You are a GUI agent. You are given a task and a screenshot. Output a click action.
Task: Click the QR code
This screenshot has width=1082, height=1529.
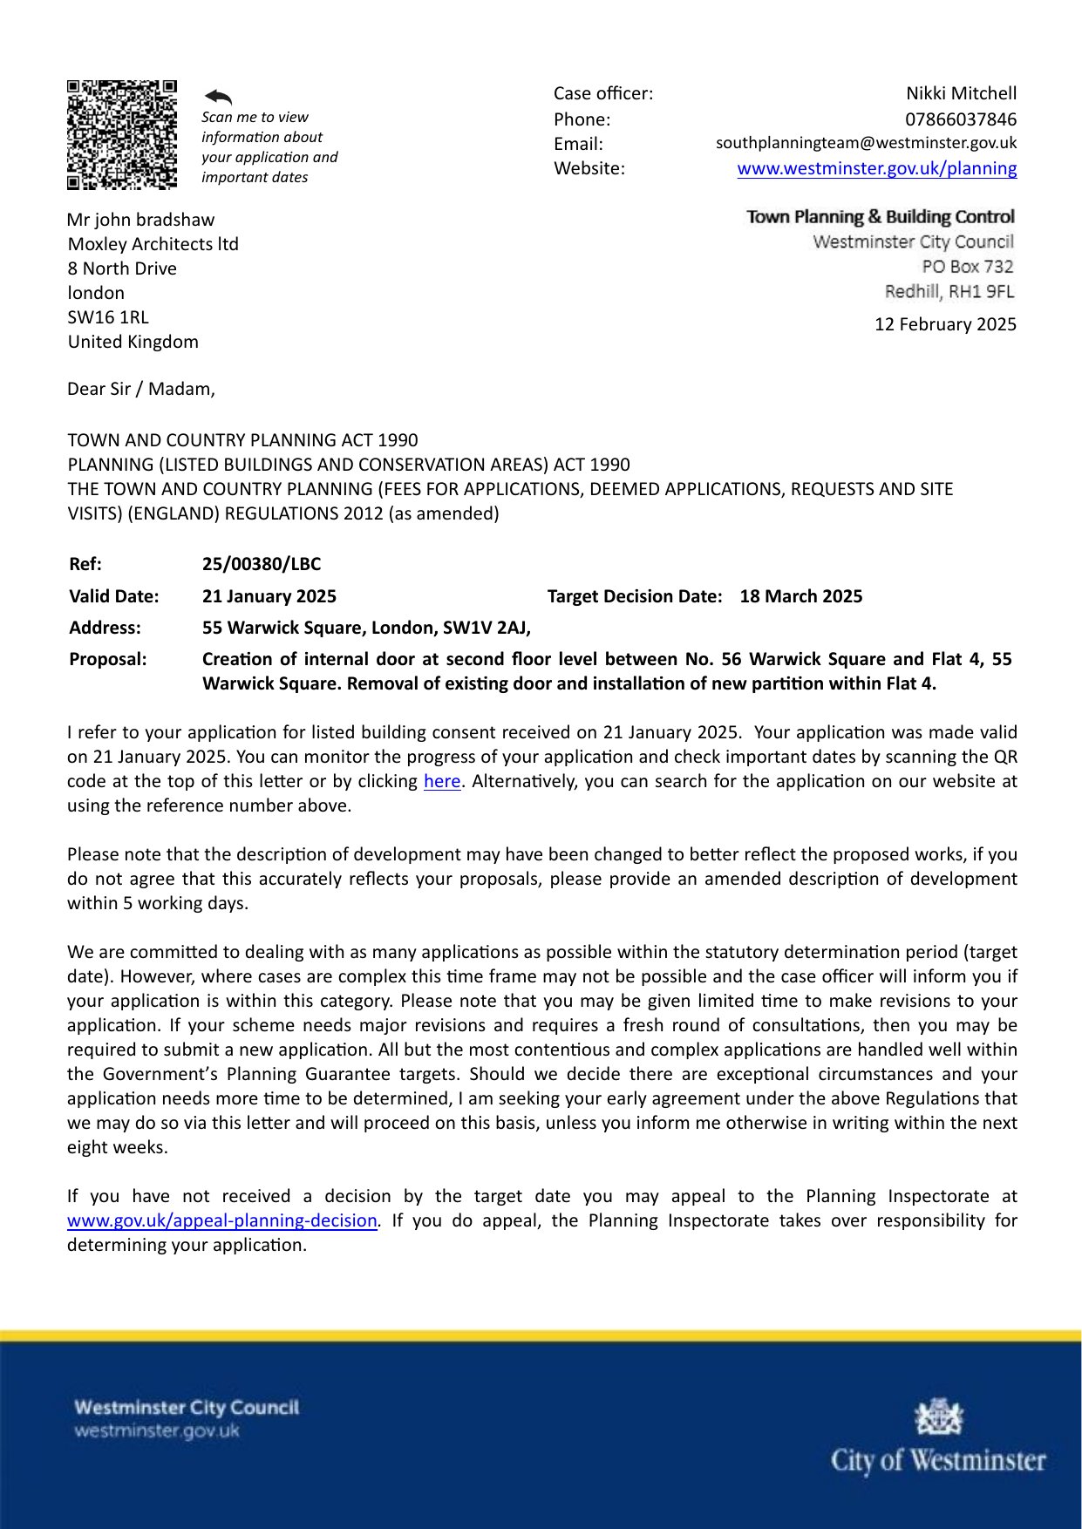tap(122, 134)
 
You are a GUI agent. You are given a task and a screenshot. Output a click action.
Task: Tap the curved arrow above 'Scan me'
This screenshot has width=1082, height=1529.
tap(218, 97)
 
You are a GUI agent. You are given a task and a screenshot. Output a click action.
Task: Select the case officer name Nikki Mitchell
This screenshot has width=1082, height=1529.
tap(961, 93)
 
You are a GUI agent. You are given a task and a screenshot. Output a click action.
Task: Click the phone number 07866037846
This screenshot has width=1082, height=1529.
tap(961, 119)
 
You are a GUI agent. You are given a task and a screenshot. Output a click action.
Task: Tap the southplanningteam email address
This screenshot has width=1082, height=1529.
tap(866, 143)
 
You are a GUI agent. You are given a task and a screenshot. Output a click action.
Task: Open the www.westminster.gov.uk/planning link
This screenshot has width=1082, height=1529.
tap(876, 168)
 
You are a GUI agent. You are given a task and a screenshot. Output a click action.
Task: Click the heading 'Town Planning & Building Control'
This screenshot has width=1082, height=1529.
tap(881, 217)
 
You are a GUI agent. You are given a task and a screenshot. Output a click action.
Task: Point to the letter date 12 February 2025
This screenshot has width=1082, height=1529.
tap(945, 324)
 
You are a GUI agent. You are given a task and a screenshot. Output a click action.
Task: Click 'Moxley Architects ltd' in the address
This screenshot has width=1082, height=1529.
tap(153, 244)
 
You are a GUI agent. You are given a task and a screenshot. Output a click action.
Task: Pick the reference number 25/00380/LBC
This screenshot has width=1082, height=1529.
tap(262, 564)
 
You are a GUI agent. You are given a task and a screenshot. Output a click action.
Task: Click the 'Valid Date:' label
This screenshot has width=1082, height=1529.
tap(114, 596)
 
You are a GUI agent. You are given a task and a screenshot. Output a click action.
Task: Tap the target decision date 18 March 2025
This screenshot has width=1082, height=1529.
tap(800, 596)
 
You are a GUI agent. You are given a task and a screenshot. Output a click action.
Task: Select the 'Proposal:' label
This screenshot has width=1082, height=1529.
tap(108, 659)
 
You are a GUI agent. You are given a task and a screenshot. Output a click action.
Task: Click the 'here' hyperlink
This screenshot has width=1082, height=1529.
tap(442, 781)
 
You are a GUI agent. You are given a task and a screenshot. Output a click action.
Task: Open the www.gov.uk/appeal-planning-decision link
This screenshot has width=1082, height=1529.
tap(221, 1220)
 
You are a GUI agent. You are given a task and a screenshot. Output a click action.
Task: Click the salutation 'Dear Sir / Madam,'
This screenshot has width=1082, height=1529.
tap(141, 389)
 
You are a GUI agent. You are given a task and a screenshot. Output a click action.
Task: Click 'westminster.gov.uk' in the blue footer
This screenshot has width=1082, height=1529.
tap(157, 1430)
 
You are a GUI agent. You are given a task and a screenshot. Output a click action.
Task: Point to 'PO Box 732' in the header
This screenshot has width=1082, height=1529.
tap(968, 267)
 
